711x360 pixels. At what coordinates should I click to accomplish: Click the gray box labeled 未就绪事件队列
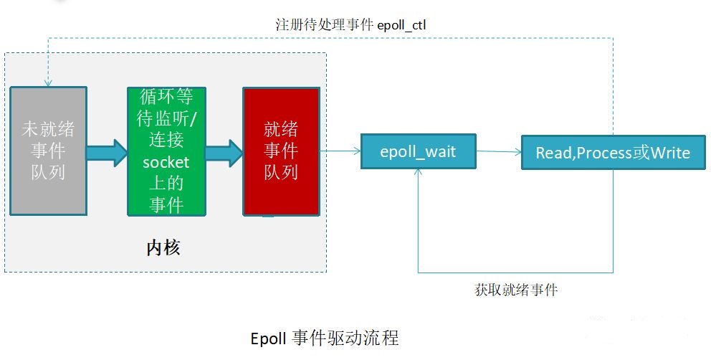coord(48,151)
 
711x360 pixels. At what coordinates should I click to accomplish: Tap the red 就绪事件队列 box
coord(281,151)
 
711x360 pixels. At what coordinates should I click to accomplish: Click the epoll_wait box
coord(419,152)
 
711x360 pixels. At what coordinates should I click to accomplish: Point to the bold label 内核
coord(163,248)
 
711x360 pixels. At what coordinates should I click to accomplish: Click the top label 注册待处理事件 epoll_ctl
coord(351,24)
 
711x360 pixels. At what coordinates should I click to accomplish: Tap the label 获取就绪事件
coord(516,290)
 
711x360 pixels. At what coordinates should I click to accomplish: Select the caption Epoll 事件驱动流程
coord(325,338)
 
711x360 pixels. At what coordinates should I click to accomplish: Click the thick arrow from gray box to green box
coord(107,151)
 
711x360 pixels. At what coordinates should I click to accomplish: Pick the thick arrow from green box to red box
coord(224,151)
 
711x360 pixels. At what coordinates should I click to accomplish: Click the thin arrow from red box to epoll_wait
coord(340,151)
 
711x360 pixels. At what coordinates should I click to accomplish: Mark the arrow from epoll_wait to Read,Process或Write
coord(500,151)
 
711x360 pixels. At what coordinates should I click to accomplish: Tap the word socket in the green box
coord(166,163)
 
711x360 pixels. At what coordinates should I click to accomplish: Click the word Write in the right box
coord(669,153)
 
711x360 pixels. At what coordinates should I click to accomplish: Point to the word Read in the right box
coord(553,153)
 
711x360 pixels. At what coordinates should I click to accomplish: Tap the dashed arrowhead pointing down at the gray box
coord(48,81)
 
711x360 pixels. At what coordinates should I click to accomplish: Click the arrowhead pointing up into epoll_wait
coord(419,174)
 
